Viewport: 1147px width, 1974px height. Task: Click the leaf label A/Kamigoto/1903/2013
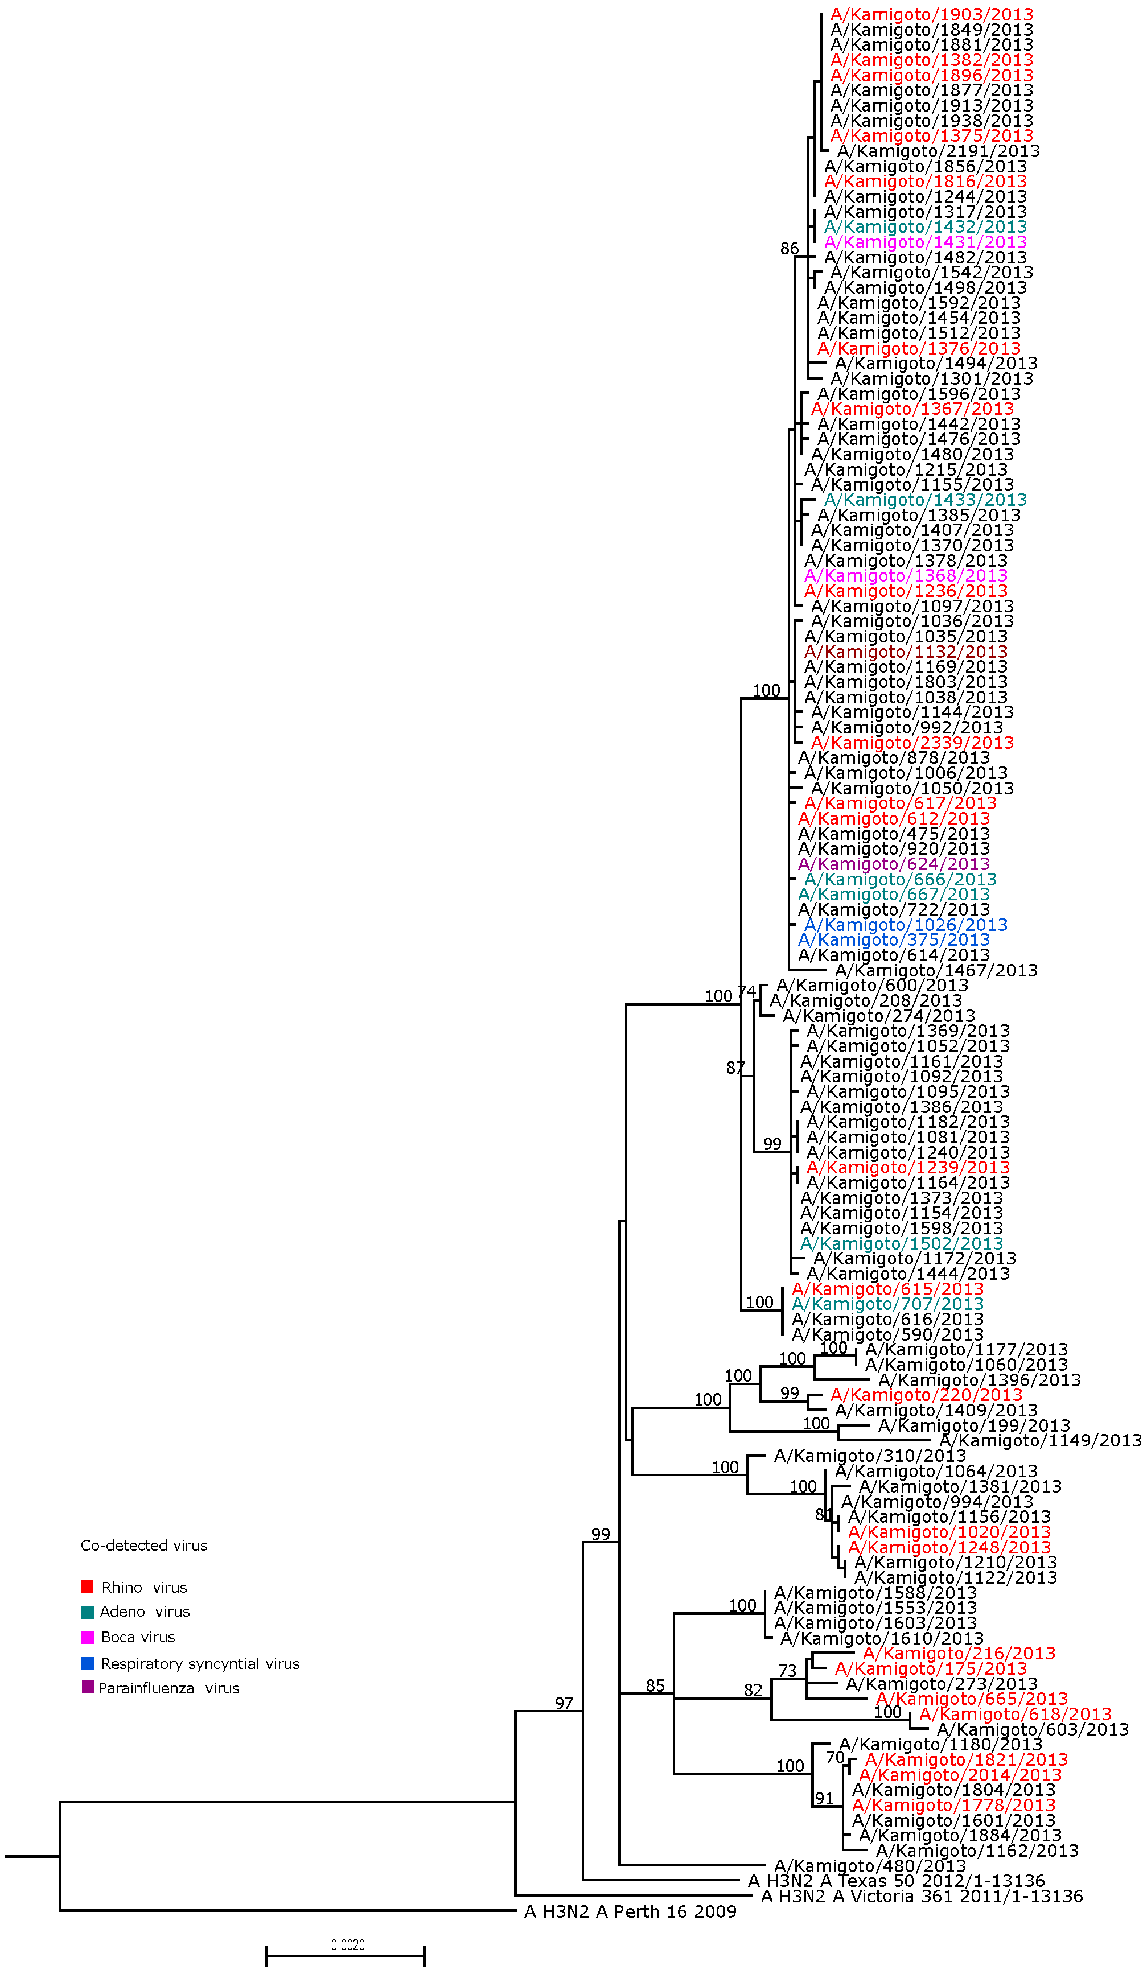click(x=931, y=15)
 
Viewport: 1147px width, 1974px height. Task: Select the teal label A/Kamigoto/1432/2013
click(x=924, y=227)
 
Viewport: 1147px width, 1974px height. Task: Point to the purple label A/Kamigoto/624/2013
click(x=893, y=864)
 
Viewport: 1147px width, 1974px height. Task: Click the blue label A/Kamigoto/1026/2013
click(x=905, y=925)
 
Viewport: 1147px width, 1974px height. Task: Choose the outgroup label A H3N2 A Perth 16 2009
click(x=630, y=1912)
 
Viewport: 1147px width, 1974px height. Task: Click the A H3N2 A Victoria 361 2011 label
click(x=922, y=1897)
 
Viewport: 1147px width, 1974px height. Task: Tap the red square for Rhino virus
click(x=88, y=1587)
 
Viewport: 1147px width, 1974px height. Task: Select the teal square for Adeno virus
click(x=88, y=1612)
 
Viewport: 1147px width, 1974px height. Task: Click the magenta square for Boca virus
click(x=88, y=1637)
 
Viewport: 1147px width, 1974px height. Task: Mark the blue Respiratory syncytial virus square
click(x=88, y=1663)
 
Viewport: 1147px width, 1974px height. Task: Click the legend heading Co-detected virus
click(x=144, y=1546)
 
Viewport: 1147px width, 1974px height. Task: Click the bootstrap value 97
click(x=564, y=1704)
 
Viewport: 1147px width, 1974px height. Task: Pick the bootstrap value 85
click(x=655, y=1685)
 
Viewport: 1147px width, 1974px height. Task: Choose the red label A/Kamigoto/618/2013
click(x=1014, y=1714)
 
